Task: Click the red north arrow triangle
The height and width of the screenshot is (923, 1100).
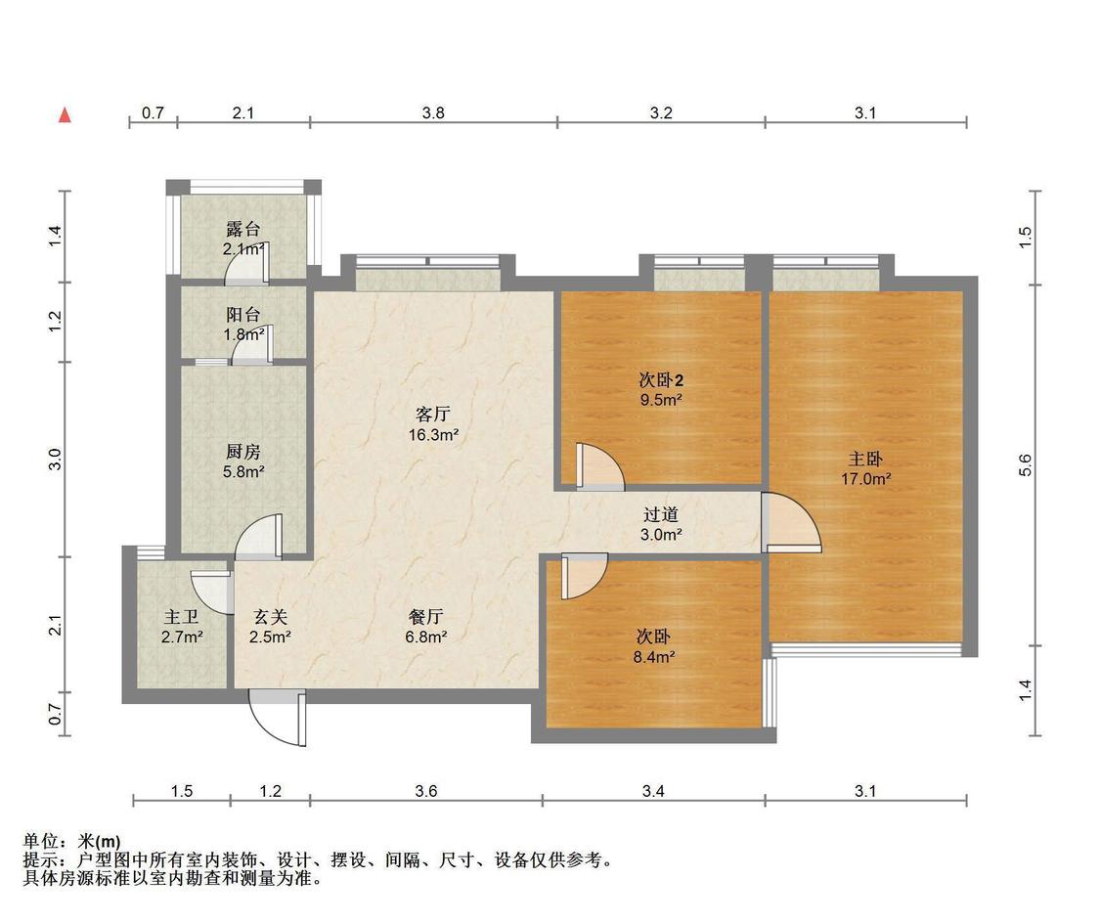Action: coord(65,115)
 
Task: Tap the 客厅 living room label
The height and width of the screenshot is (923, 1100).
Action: coord(433,415)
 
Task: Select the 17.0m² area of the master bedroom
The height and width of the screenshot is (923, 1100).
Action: coord(866,479)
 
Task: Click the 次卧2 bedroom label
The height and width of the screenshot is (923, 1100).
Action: coord(661,380)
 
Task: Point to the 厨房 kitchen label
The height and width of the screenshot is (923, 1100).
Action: coord(242,452)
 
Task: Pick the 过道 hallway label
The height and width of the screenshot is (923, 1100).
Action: coord(661,515)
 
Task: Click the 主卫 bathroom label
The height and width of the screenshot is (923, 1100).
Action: coord(181,617)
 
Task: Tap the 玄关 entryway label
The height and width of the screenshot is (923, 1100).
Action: coord(270,617)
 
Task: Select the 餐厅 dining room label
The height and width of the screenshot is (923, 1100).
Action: coord(426,617)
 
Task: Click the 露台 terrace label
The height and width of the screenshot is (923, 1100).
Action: coord(242,229)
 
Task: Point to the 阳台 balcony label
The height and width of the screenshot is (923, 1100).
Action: coord(242,315)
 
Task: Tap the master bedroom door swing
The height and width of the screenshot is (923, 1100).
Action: coord(791,522)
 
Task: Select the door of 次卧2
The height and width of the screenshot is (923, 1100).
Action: coord(599,466)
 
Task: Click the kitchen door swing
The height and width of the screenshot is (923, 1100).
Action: coord(258,537)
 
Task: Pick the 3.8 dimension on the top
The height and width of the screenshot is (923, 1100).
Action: coord(433,112)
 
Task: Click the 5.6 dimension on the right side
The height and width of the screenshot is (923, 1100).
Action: coord(1025,465)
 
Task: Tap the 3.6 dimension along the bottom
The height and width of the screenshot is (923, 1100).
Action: coord(426,791)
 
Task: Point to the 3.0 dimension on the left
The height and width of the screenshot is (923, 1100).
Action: coord(56,460)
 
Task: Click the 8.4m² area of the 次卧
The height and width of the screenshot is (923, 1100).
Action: coord(654,657)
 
